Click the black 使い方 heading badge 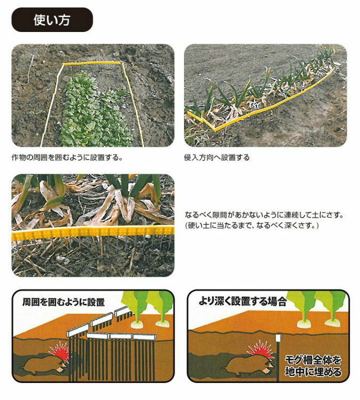(x=52, y=20)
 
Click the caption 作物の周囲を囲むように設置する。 (x=67, y=157)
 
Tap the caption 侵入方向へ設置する (x=217, y=157)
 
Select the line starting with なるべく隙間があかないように (x=264, y=215)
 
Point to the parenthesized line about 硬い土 (x=252, y=226)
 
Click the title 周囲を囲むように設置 (x=63, y=302)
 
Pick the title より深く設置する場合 (x=242, y=301)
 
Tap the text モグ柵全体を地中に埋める (x=313, y=366)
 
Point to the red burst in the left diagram (x=59, y=351)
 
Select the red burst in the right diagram (x=261, y=349)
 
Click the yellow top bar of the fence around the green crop (x=91, y=63)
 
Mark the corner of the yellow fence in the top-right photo (x=215, y=130)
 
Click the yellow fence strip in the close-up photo (x=93, y=233)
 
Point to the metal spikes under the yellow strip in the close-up (x=93, y=244)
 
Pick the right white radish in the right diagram (x=332, y=323)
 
